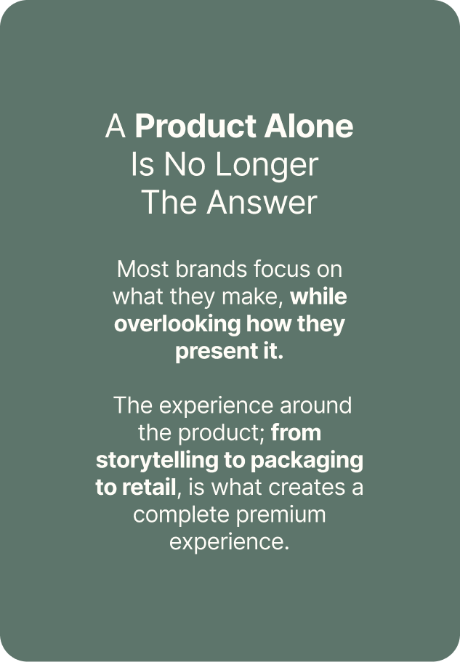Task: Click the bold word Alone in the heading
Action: point(309,126)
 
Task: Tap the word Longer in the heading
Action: point(267,166)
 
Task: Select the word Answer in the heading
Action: point(262,202)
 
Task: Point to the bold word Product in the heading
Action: point(195,127)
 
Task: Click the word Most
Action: point(142,269)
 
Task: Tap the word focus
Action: point(281,269)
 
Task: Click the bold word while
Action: point(318,296)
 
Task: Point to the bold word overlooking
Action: point(177,325)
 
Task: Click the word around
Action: point(315,405)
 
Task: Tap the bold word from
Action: point(296,433)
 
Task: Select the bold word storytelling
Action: point(157,461)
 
